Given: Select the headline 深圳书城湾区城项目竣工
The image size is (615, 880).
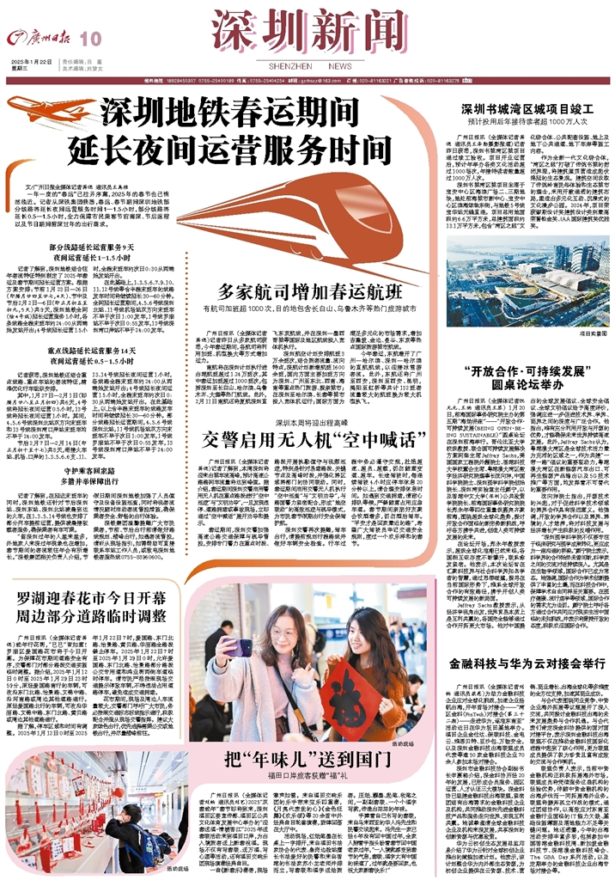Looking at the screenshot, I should click(525, 109).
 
